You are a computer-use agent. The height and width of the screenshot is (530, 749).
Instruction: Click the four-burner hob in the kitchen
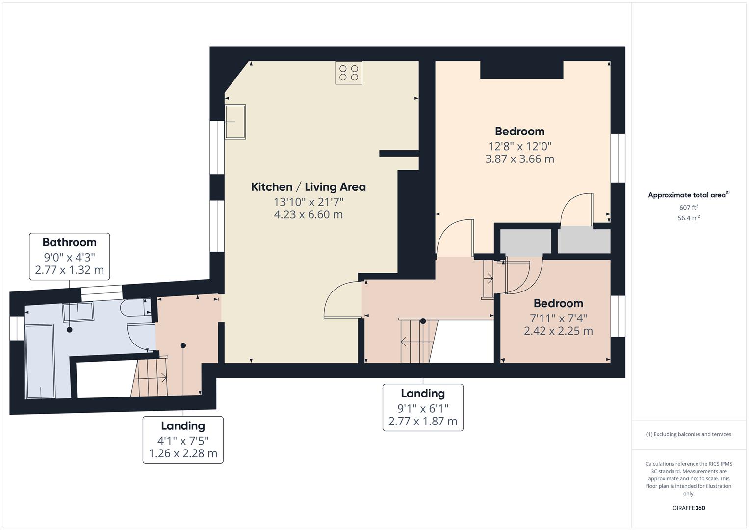349,73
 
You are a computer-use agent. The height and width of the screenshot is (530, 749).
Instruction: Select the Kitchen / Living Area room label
308,187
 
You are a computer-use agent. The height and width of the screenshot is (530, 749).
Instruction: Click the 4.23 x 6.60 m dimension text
308,214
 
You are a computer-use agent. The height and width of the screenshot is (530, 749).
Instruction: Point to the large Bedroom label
519,132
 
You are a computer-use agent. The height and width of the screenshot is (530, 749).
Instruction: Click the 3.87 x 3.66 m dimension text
519,159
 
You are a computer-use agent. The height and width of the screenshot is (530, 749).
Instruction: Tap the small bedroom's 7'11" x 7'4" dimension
558,318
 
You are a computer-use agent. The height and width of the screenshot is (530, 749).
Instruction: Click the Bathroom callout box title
69,242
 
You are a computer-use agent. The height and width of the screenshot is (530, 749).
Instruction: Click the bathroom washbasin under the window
78,312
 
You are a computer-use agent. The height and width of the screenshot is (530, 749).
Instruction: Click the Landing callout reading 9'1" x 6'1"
423,408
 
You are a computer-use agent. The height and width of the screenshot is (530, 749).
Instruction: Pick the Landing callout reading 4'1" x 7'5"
183,440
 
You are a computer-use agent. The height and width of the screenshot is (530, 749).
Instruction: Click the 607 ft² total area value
689,208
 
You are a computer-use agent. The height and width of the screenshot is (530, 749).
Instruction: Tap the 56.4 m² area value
689,218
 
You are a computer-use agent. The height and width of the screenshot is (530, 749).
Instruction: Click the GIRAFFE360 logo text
688,508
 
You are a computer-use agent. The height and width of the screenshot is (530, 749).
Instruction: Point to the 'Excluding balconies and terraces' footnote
689,434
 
